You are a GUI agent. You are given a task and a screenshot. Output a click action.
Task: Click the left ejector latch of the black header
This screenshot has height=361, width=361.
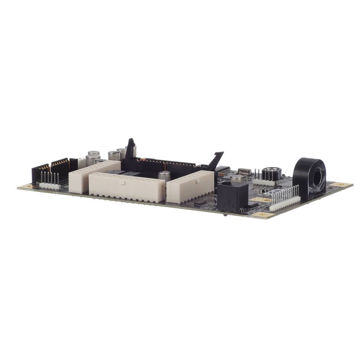coord(131,148)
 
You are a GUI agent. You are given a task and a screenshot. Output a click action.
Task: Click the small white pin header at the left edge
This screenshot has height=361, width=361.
coord(50,185)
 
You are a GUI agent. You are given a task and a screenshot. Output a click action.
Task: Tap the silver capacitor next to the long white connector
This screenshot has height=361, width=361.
coord(164,176)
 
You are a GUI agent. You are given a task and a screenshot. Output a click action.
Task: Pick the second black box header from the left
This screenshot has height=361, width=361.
coord(60,168)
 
